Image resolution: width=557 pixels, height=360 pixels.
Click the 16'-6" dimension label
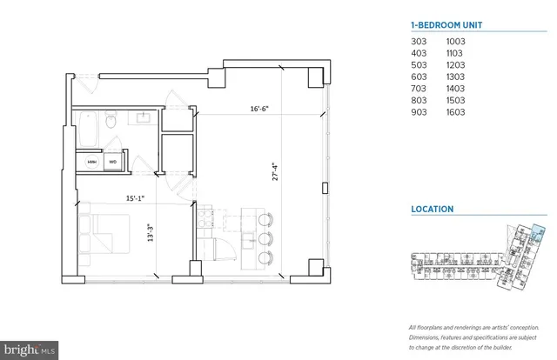point(262,110)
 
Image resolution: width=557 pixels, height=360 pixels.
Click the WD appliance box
point(112,161)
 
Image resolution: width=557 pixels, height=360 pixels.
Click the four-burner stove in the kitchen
point(207,218)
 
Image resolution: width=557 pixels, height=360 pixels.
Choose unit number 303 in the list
point(419,41)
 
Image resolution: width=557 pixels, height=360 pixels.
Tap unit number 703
point(419,89)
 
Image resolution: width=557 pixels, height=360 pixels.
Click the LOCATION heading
point(432,209)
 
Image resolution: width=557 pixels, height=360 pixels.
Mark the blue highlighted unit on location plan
point(536,232)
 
